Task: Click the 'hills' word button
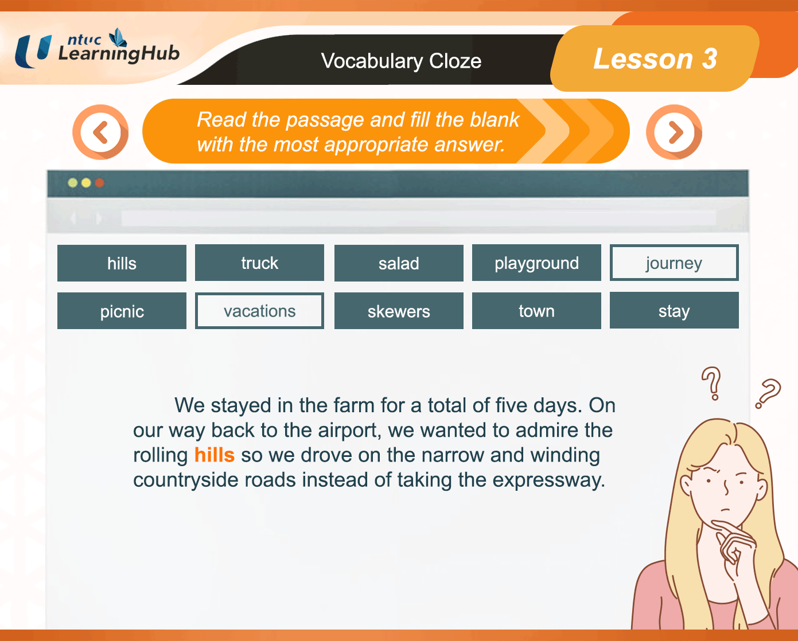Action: point(122,263)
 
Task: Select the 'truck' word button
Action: point(259,263)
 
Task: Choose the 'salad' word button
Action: point(399,263)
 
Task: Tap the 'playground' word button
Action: point(536,263)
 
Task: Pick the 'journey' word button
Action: point(674,263)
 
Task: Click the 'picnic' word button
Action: point(122,311)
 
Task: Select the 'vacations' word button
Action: point(259,311)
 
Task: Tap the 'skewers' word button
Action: point(399,311)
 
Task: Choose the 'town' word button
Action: point(536,311)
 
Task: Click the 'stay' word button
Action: point(674,310)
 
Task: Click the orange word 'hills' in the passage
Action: point(215,455)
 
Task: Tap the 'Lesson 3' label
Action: point(655,58)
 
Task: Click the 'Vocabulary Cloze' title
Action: point(401,61)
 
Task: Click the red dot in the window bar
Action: point(99,183)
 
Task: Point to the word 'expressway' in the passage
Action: point(548,480)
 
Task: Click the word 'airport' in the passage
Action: point(350,431)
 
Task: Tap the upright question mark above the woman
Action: point(711,384)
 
